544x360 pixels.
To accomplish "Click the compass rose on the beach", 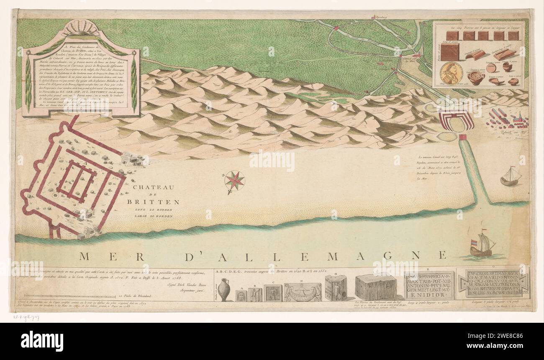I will (x=234, y=180).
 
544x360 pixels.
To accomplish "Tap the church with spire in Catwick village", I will (x=520, y=119).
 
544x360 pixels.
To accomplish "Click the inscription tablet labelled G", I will (x=494, y=283).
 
